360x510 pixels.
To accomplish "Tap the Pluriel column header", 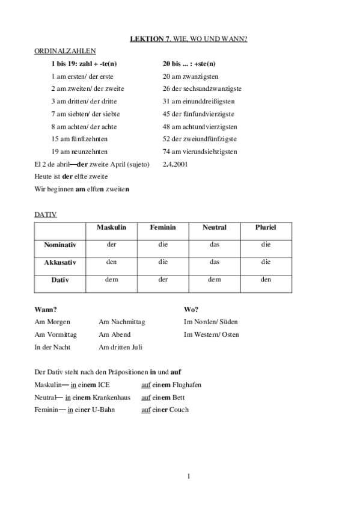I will point(266,228).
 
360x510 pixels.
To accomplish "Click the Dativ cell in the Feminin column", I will point(162,280).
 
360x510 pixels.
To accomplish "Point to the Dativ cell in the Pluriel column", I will point(266,280).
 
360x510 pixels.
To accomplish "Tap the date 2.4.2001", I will point(175,164).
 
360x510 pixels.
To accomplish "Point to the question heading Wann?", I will point(46,309).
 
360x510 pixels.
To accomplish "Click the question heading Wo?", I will point(191,309).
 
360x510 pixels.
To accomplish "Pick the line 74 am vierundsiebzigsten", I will point(200,152).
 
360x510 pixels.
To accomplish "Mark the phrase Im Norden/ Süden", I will point(210,322).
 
